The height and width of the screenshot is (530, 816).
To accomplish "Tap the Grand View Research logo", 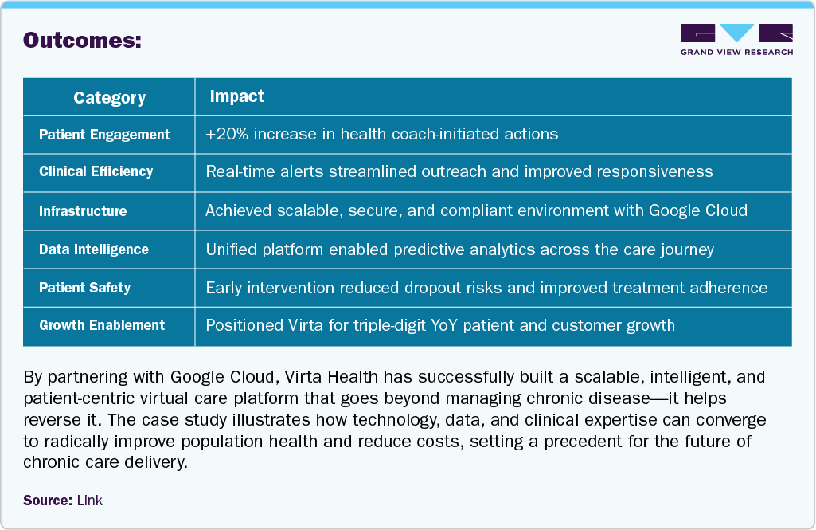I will coord(736,40).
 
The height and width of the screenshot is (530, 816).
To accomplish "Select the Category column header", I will coord(109,97).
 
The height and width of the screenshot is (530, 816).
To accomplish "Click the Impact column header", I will coord(236,96).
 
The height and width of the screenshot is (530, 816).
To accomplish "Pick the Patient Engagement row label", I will coord(104,135).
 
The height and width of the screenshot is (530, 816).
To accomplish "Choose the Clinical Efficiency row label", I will coord(96,171).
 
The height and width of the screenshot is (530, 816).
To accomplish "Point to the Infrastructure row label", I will coord(83,211).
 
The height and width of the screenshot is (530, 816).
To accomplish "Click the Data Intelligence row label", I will coord(94,249).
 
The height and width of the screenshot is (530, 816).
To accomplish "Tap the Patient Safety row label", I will coord(84,288).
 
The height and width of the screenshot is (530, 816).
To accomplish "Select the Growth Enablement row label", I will coord(102,325).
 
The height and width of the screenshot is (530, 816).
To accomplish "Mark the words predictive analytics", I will coord(469,249).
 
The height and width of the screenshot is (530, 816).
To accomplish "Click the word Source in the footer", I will coord(48,501).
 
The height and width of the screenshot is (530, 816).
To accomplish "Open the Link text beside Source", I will coord(90,501).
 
